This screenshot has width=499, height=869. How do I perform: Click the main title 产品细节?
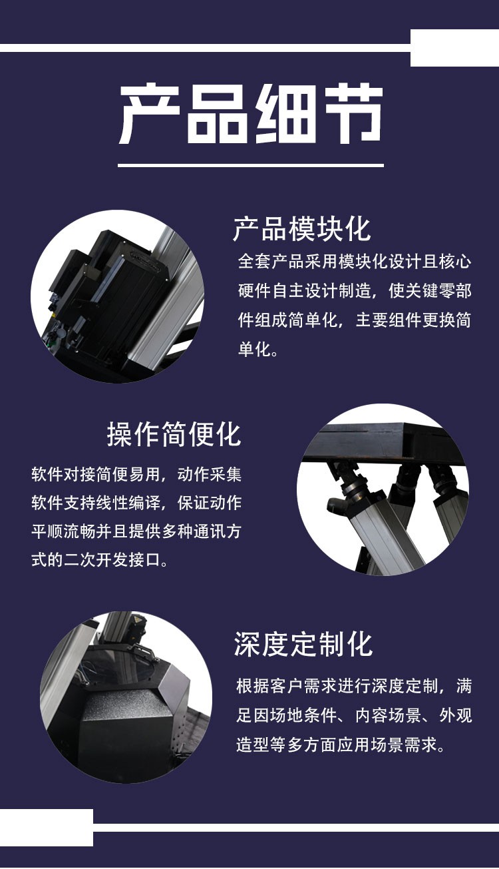pyautogui.click(x=251, y=114)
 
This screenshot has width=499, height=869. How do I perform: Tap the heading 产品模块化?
pyautogui.click(x=301, y=228)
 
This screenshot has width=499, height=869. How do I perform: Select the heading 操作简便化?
pyautogui.click(x=174, y=434)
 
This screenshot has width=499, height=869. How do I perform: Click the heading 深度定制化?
pyautogui.click(x=303, y=644)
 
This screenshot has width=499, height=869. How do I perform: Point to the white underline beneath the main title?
pyautogui.click(x=251, y=164)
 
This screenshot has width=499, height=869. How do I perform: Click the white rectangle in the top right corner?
pyautogui.click(x=454, y=48)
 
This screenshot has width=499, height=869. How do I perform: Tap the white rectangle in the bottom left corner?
pyautogui.click(x=46, y=827)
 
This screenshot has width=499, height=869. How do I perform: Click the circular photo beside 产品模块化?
pyautogui.click(x=117, y=296)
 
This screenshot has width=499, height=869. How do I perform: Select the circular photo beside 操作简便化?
pyautogui.click(x=383, y=489)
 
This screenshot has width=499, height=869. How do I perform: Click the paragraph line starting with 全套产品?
pyautogui.click(x=354, y=261)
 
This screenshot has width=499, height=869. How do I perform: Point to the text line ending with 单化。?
pyautogui.click(x=258, y=350)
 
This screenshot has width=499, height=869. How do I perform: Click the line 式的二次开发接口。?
pyautogui.click(x=100, y=559)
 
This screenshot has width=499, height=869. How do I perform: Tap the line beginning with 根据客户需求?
pyautogui.click(x=354, y=686)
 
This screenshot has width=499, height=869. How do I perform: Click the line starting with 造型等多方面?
pyautogui.click(x=340, y=744)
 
